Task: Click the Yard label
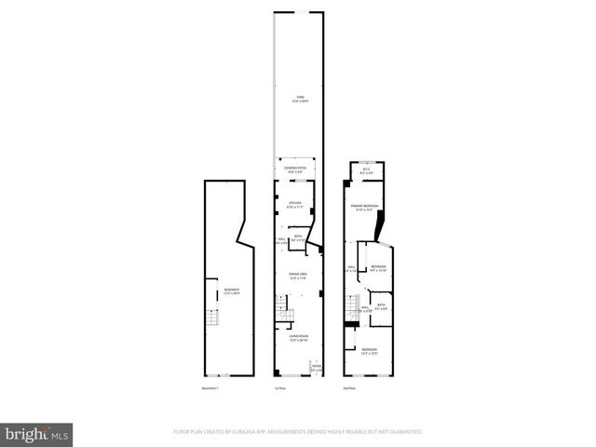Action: tap(298, 98)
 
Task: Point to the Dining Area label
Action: tap(298, 276)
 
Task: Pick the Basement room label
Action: tap(230, 291)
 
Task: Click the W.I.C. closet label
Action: tap(367, 170)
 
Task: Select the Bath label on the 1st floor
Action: tap(299, 238)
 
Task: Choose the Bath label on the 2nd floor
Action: tap(382, 307)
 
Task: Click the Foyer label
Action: tap(317, 367)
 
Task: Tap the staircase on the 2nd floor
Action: tap(353, 308)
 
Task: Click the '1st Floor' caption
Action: tap(278, 387)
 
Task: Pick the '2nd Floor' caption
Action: tap(349, 387)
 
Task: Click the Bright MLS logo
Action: tap(37, 433)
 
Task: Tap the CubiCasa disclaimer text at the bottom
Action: tap(298, 431)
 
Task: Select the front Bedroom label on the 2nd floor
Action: tap(370, 351)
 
